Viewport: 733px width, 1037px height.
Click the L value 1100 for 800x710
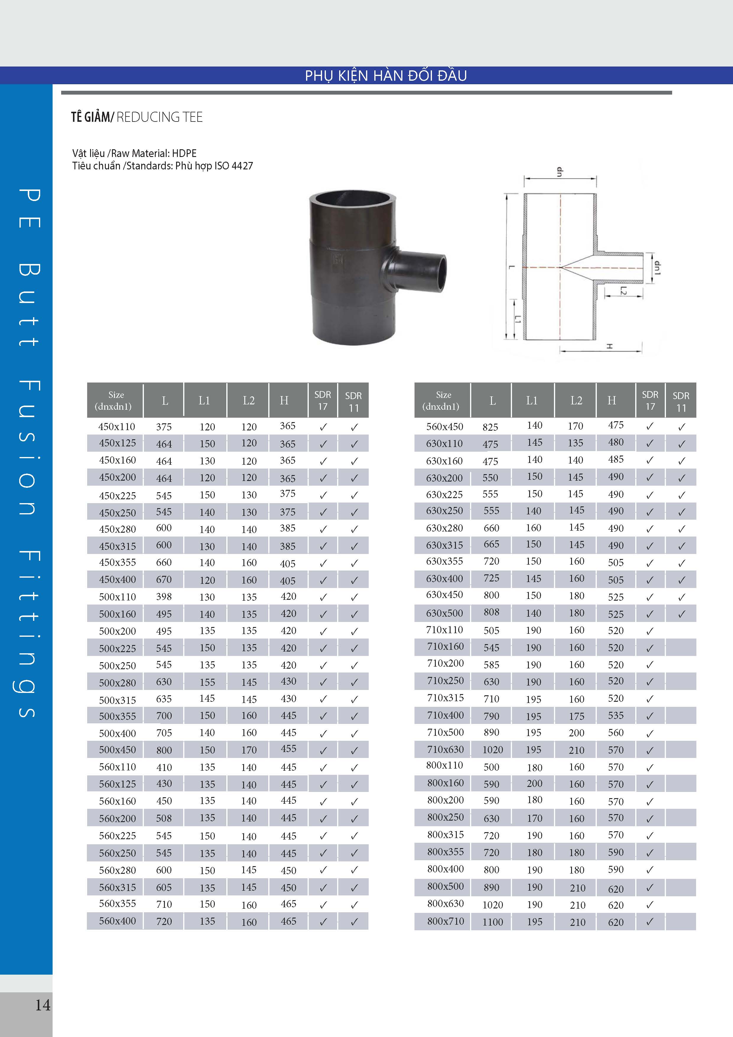click(x=493, y=922)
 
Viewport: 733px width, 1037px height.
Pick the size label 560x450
click(x=445, y=426)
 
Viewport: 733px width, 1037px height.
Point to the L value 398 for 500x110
click(x=164, y=597)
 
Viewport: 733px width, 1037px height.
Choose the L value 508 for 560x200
click(x=164, y=818)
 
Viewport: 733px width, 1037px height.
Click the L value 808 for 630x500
click(x=492, y=613)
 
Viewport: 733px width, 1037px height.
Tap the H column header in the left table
click(x=284, y=400)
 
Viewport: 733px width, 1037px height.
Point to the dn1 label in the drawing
click(x=657, y=268)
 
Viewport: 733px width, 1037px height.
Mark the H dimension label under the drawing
click(x=609, y=346)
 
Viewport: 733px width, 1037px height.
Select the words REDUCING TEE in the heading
click(x=159, y=117)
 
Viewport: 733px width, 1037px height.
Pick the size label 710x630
click(x=446, y=749)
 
